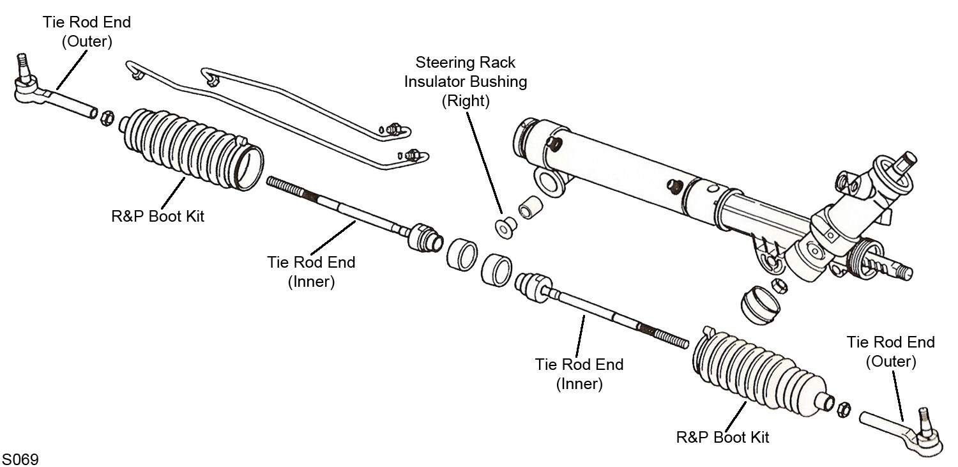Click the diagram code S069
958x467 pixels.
point(20,459)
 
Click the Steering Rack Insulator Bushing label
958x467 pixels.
point(465,82)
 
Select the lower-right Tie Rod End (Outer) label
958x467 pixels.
point(890,351)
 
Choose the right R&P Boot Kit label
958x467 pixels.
point(722,438)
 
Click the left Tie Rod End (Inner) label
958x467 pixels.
point(310,272)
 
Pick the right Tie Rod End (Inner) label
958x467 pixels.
point(579,374)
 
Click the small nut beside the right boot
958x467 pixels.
point(842,406)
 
